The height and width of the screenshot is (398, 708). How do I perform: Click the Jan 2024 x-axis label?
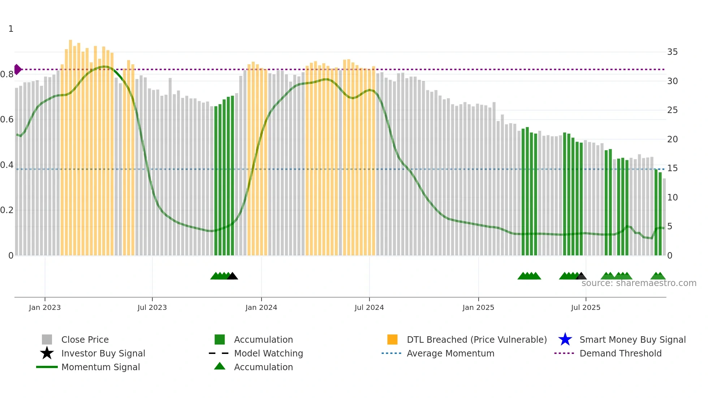coord(261,307)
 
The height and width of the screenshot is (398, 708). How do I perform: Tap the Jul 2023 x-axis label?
coord(152,307)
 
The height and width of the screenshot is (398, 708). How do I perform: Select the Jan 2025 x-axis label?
coord(478,307)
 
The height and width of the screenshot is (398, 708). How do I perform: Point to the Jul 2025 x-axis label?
coord(586,307)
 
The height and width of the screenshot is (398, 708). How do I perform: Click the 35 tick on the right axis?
coord(672,52)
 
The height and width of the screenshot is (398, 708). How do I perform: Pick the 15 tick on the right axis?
coord(672,168)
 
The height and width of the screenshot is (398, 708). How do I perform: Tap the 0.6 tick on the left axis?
coord(7,120)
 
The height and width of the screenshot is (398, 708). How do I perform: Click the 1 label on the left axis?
coord(11,29)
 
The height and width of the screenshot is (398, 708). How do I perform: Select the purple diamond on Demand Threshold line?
coord(17,69)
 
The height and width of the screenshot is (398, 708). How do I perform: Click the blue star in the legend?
coord(565,339)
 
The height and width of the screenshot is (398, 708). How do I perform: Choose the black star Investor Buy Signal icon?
coord(47,353)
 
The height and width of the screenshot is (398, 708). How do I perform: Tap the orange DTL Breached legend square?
coord(392,339)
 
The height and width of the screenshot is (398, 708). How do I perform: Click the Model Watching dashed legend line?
coord(219,353)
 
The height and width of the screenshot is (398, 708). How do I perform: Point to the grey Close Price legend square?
coord(47,339)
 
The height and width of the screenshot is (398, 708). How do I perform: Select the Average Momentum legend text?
coord(450,353)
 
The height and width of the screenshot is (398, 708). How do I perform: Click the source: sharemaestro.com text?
coord(639,283)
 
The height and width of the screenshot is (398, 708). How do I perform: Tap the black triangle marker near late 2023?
coord(232,276)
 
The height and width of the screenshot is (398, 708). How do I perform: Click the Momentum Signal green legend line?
coord(47,367)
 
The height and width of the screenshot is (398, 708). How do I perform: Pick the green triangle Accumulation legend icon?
coord(220,366)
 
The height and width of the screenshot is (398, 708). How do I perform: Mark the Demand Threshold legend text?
coord(620,353)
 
